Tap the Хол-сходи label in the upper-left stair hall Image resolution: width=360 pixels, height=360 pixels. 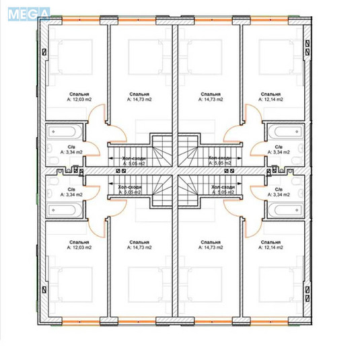[133, 157]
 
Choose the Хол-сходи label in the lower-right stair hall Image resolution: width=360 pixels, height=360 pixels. [222, 187]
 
